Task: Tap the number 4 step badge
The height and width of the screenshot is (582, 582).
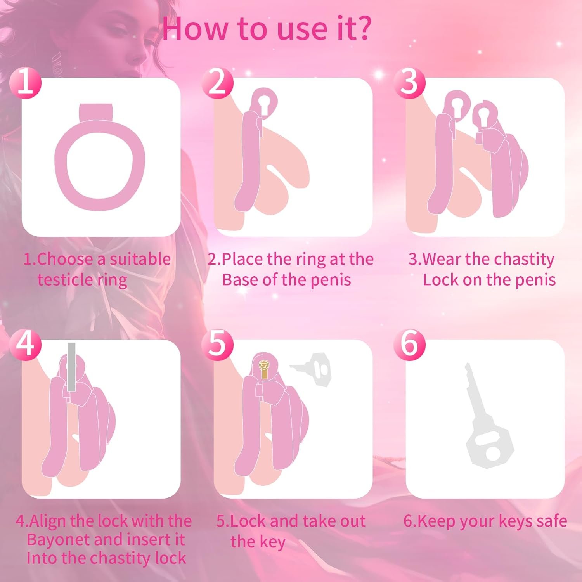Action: tap(26, 344)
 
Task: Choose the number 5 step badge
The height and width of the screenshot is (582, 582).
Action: tap(218, 344)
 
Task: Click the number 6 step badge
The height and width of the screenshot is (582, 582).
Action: tap(409, 344)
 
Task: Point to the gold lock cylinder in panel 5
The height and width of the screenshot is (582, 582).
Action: tap(265, 368)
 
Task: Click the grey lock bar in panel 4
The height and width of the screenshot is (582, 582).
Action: tap(71, 367)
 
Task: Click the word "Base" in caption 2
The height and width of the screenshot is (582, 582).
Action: tap(240, 280)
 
